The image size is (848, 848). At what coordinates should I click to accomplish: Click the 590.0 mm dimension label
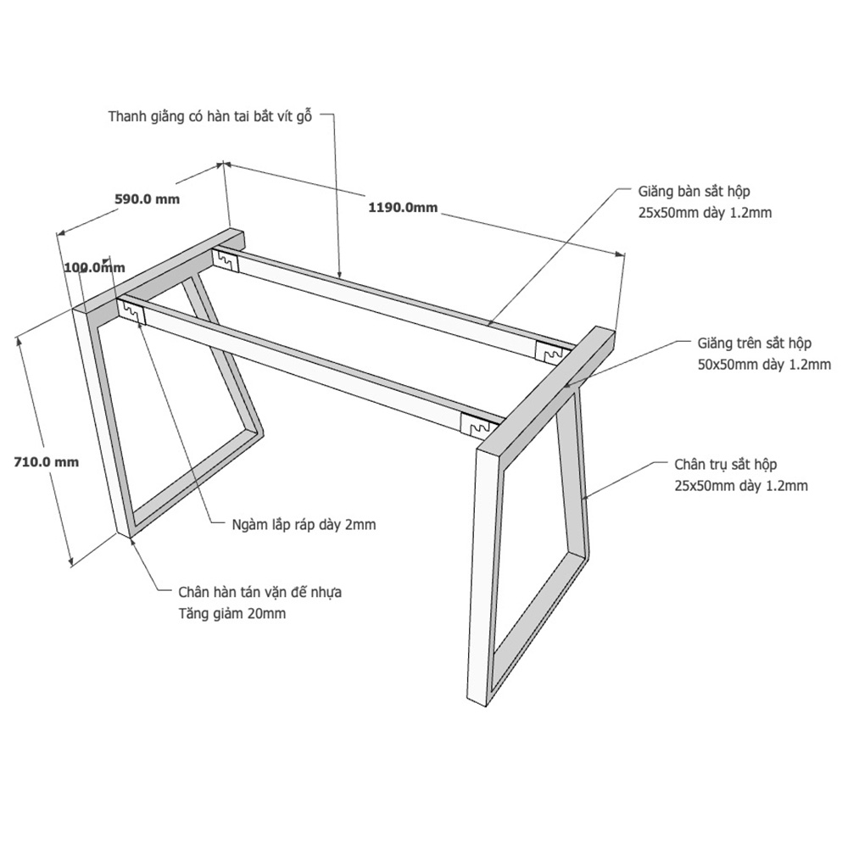coord(147,199)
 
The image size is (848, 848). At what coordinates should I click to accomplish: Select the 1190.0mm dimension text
coord(403,207)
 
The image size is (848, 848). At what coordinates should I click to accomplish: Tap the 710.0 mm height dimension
coord(47,462)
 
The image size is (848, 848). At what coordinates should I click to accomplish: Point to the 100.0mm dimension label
coord(95,267)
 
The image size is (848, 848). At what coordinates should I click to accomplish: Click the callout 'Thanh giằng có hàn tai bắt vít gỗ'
coord(210,117)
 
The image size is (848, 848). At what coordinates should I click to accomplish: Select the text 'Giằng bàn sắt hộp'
coord(694,192)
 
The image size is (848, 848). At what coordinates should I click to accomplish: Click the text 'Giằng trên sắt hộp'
coord(755,343)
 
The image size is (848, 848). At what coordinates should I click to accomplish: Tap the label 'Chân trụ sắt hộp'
coord(725,465)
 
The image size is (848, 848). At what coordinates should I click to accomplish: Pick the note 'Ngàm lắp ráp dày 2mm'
coord(304,525)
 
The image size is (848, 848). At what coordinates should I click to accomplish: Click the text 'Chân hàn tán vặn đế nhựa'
coord(260,592)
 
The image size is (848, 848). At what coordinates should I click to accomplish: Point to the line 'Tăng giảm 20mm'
coord(232,614)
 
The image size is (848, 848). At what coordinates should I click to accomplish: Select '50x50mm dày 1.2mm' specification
coord(764,365)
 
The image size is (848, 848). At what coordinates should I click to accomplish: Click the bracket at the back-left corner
coord(226,259)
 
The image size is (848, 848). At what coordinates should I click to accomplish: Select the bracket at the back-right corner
coord(550,352)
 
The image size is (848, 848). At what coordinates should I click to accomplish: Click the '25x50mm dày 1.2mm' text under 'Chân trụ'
coord(741,486)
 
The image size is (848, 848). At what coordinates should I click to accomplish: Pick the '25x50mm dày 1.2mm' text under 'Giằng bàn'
coord(705,213)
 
